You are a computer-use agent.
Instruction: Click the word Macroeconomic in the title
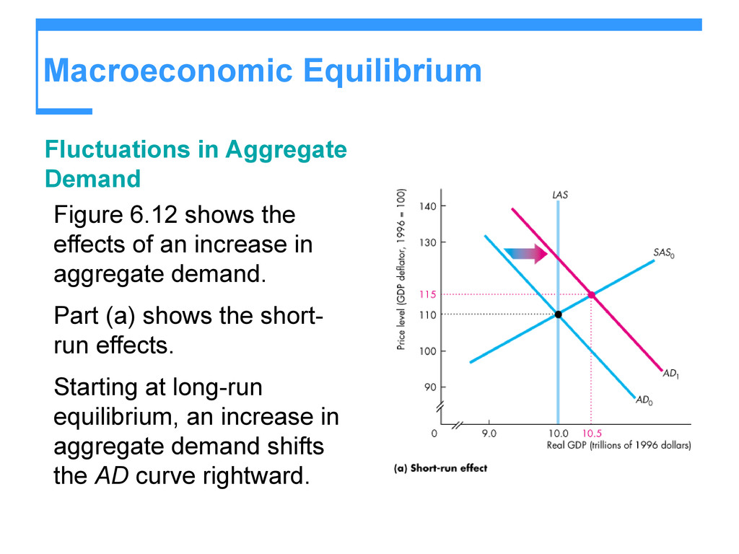pyautogui.click(x=167, y=71)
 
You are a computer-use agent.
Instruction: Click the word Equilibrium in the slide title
pyautogui.click(x=392, y=71)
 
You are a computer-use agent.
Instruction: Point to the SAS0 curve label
pyautogui.click(x=664, y=253)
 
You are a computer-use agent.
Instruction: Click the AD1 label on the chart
pyautogui.click(x=670, y=374)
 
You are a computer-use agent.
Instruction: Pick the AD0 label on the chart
pyautogui.click(x=644, y=400)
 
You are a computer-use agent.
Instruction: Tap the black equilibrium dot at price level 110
pyautogui.click(x=558, y=315)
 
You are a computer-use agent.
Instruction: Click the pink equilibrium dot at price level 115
pyautogui.click(x=591, y=294)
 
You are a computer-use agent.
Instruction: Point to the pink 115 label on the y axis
pyautogui.click(x=428, y=294)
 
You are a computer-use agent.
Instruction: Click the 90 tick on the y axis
pyautogui.click(x=430, y=387)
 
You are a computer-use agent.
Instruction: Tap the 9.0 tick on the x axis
pyautogui.click(x=489, y=434)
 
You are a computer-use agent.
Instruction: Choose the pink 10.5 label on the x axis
pyautogui.click(x=592, y=434)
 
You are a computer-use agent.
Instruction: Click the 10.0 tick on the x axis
pyautogui.click(x=558, y=434)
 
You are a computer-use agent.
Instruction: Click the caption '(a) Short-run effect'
pyautogui.click(x=440, y=468)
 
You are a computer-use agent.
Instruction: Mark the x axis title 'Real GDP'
pyautogui.click(x=567, y=446)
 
